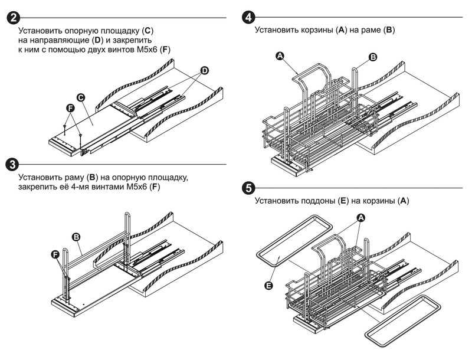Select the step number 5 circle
(248, 188)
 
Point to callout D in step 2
(204, 71)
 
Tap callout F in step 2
(70, 109)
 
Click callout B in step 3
(76, 236)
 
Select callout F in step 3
(55, 254)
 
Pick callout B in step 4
(373, 57)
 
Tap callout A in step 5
(361, 217)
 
